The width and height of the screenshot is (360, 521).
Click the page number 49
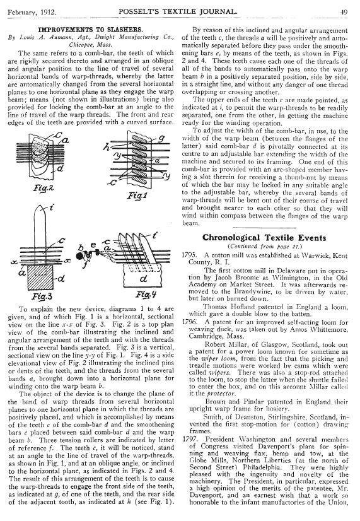[x=344, y=12]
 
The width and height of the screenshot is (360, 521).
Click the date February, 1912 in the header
[x=32, y=12]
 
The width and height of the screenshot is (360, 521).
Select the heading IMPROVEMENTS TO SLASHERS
[x=91, y=30]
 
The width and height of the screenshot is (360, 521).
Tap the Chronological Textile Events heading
[x=264, y=238]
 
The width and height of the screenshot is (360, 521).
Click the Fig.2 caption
[x=43, y=189]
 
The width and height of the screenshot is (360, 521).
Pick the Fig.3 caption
[x=42, y=296]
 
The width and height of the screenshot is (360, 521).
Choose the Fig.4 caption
[x=146, y=295]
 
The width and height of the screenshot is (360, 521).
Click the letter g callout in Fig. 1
[x=163, y=139]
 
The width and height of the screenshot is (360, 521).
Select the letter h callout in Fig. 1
[x=107, y=146]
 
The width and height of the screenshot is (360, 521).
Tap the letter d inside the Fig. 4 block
[x=143, y=278]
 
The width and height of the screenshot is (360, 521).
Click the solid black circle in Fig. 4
[x=80, y=256]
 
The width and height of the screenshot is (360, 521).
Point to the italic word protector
[x=221, y=394]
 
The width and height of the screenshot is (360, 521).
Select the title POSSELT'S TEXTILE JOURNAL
[x=178, y=11]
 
